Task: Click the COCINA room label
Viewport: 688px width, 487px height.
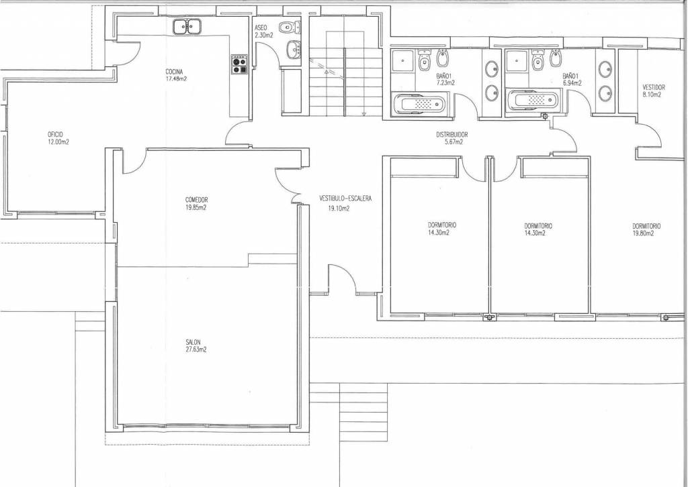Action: click(x=174, y=72)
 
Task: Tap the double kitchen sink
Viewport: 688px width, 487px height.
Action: click(x=187, y=27)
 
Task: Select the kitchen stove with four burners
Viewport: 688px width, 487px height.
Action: click(x=240, y=64)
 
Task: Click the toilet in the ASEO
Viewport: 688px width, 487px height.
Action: click(x=290, y=27)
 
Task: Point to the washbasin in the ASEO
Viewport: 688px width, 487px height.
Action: click(x=293, y=49)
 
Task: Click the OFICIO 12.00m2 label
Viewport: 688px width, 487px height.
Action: click(x=58, y=138)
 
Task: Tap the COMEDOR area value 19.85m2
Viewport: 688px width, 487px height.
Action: click(x=196, y=208)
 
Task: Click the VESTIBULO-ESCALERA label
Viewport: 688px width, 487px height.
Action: click(x=345, y=199)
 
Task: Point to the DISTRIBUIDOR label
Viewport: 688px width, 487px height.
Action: click(x=452, y=135)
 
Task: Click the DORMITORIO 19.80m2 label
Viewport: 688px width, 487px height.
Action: click(x=646, y=230)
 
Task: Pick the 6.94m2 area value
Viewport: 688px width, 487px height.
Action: click(x=572, y=83)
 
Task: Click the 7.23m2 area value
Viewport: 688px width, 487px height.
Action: click(x=445, y=83)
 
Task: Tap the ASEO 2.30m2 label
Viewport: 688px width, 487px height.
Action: click(x=263, y=32)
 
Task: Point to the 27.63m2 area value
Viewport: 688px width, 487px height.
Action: click(x=196, y=349)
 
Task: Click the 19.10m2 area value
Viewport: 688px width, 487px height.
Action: click(x=339, y=209)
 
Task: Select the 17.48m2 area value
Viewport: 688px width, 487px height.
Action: click(x=177, y=79)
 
